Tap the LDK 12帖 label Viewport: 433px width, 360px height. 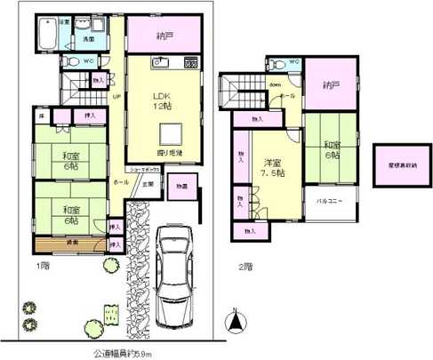click(x=161, y=100)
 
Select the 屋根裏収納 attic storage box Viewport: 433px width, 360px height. click(x=397, y=165)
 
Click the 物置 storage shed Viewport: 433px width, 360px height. click(x=181, y=188)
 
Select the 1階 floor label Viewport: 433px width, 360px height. click(x=42, y=265)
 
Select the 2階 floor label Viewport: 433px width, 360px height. click(x=245, y=265)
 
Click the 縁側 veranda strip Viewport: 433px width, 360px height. click(x=70, y=242)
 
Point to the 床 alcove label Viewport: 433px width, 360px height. click(x=41, y=115)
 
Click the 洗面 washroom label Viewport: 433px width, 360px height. click(x=90, y=40)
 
